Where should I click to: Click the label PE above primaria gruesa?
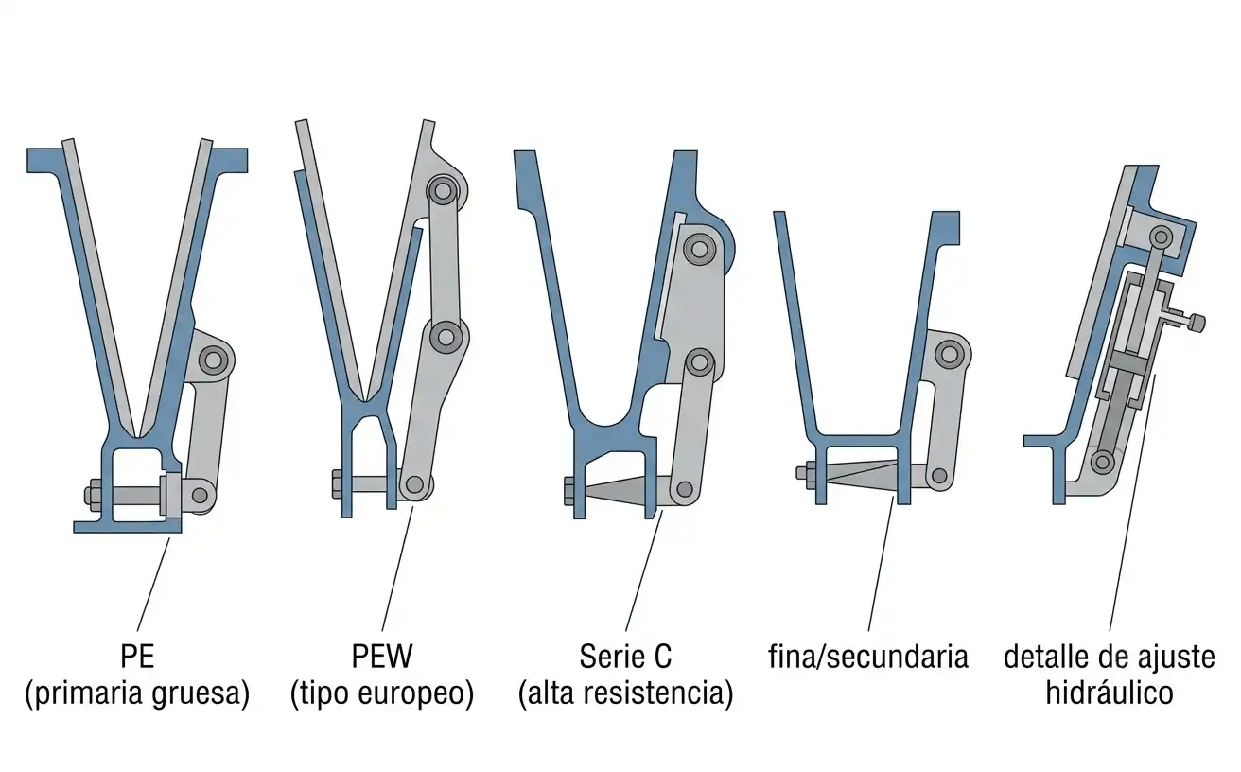click(137, 657)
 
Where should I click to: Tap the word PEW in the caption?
click(382, 657)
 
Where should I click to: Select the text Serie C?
click(625, 657)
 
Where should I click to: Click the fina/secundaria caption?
click(868, 657)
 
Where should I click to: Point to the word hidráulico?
click(1110, 693)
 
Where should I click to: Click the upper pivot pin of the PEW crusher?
click(443, 191)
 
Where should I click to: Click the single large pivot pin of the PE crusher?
click(214, 360)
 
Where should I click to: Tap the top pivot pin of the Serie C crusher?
click(699, 250)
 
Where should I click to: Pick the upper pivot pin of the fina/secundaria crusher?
click(950, 354)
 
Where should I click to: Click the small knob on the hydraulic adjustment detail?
click(1197, 324)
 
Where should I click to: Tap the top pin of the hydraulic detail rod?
click(1161, 237)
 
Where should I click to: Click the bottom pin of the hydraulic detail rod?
click(1103, 461)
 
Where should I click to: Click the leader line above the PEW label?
click(397, 568)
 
